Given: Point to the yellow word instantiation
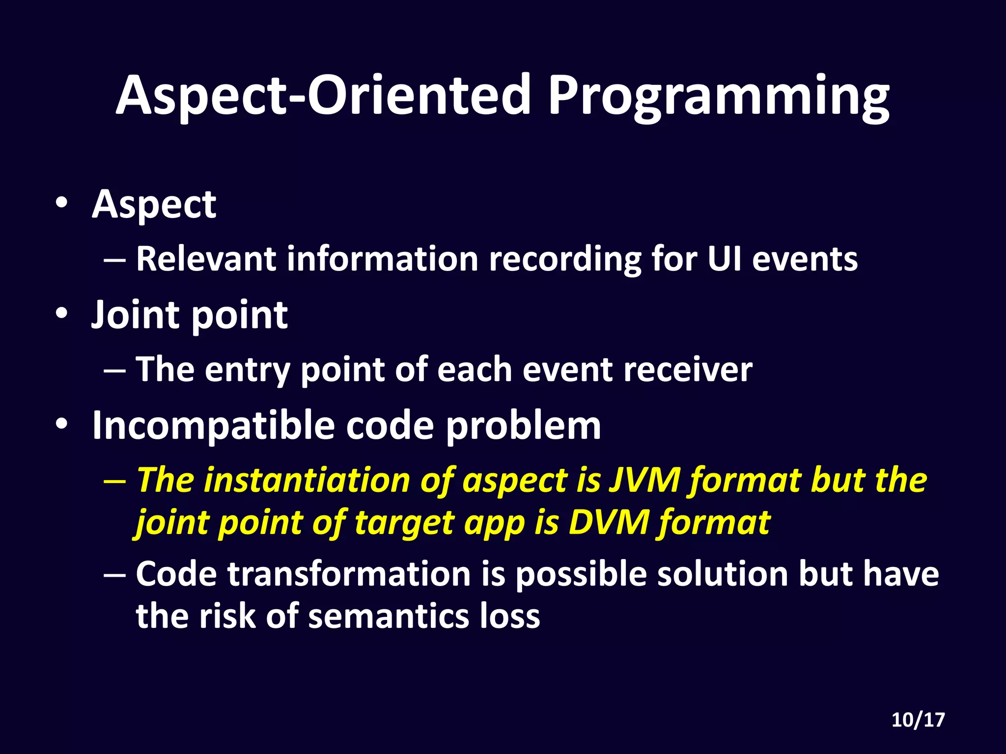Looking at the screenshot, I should [x=307, y=480].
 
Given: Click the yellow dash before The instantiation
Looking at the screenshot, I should [x=114, y=481].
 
